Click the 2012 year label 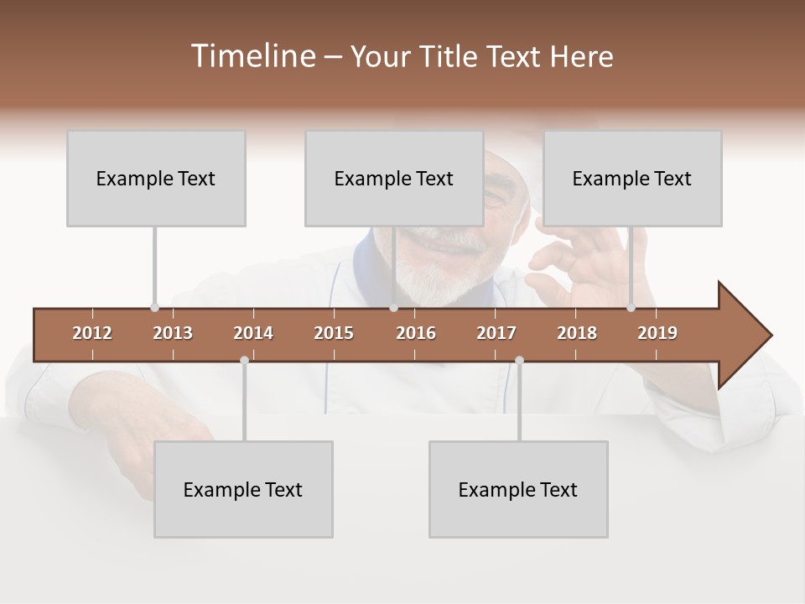[92, 333]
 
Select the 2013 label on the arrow [173, 333]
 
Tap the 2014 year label [253, 333]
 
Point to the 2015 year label [334, 333]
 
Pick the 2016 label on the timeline [416, 333]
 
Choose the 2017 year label [496, 333]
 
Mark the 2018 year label [577, 333]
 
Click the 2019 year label [657, 333]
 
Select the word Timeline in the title [252, 56]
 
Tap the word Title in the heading [452, 56]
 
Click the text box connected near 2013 [156, 178]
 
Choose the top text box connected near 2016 [394, 178]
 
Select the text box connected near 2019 [632, 178]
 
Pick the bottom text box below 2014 [243, 489]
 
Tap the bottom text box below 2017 [518, 489]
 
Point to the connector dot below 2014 [244, 360]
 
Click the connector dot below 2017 [519, 360]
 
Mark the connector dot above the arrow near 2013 [154, 308]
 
